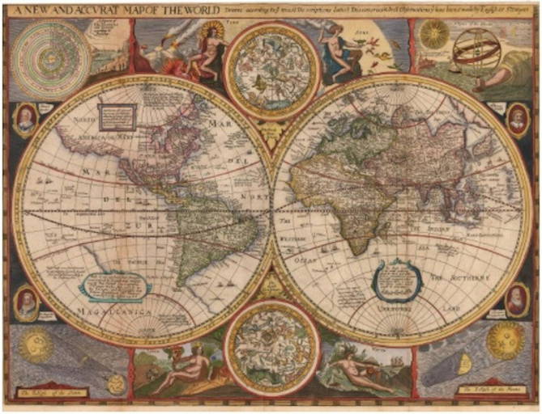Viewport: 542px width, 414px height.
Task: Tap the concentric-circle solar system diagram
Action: [46, 49]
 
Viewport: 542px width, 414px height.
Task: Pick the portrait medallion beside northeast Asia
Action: [515, 120]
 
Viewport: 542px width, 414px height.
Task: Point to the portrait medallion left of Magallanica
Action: [26, 302]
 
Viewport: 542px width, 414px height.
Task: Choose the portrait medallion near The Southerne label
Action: [515, 300]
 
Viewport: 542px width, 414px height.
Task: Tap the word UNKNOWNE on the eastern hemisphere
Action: [387, 310]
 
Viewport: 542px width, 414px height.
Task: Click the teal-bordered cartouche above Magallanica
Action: [115, 285]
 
